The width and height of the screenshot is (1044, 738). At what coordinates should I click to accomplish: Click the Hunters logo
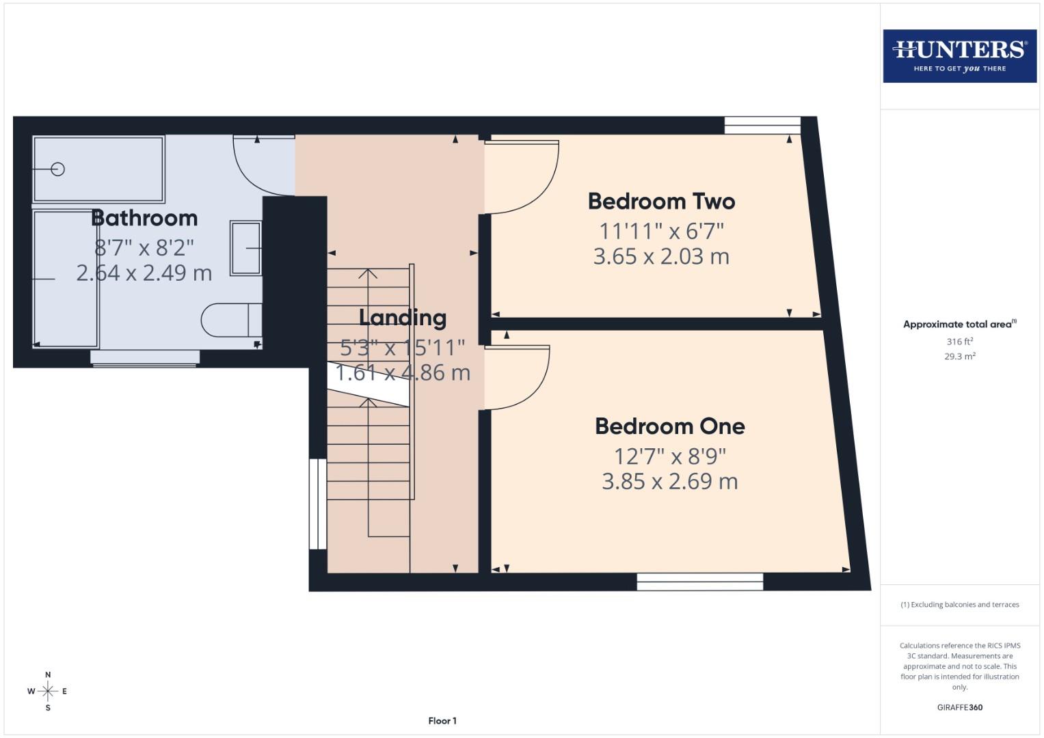[x=959, y=56]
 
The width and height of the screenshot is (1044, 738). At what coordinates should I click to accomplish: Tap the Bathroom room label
[x=144, y=218]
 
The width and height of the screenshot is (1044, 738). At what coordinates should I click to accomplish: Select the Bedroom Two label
[x=661, y=201]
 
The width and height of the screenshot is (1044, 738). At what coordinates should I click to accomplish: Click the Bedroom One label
[x=669, y=426]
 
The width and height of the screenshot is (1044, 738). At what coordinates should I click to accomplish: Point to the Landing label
[x=403, y=317]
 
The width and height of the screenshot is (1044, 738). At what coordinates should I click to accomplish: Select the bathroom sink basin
[x=245, y=248]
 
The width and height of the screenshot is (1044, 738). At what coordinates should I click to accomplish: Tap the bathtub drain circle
[x=58, y=169]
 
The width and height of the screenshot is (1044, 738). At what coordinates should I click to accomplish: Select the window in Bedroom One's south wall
[x=699, y=582]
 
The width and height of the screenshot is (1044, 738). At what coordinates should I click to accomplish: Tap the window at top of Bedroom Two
[x=762, y=125]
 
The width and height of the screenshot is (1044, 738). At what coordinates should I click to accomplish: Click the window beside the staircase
[x=318, y=504]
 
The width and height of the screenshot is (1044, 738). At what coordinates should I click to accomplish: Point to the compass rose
[x=48, y=692]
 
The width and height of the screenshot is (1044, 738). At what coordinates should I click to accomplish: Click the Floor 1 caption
[x=442, y=721]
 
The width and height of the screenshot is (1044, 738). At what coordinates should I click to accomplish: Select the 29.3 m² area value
[x=959, y=356]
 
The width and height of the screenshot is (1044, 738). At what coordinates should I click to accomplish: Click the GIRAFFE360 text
[x=959, y=707]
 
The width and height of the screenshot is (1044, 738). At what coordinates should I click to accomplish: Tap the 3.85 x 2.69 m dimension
[x=669, y=482]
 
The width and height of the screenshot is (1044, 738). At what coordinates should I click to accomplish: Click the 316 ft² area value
[x=959, y=342]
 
